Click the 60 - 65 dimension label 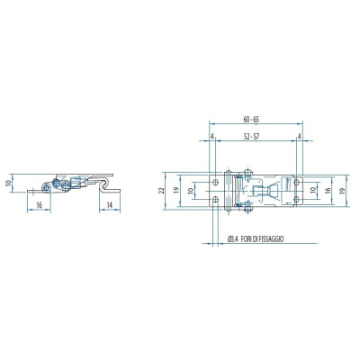click(251, 120)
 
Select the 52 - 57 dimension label click(251, 137)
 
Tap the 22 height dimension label click(162, 191)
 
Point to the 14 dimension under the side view click(110, 205)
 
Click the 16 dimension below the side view click(39, 205)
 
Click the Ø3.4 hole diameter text click(232, 239)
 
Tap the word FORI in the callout click(244, 239)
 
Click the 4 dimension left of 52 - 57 click(212, 137)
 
